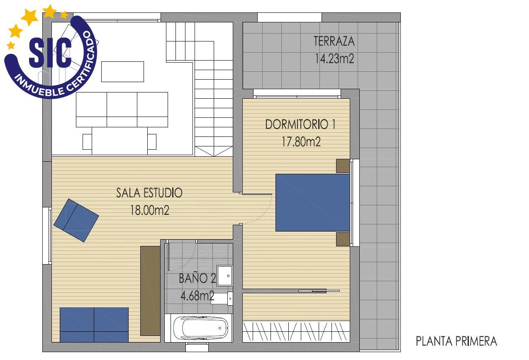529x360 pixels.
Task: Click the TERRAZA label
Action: [x=334, y=41]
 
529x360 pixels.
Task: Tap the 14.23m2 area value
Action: [x=334, y=59]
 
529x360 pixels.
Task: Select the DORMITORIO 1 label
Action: [x=300, y=124]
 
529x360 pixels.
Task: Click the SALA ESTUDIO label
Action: [x=149, y=193]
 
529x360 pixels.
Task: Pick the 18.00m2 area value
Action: [x=150, y=210]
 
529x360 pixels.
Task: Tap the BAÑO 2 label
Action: [x=197, y=279]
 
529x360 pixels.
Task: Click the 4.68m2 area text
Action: [x=197, y=296]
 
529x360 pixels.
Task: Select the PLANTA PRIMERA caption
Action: [x=456, y=341]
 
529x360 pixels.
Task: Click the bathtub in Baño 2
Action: [x=200, y=328]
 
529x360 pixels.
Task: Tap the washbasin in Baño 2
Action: [x=225, y=275]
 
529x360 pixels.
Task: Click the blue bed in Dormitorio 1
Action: [x=312, y=202]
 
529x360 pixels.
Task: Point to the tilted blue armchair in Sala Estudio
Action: [x=76, y=220]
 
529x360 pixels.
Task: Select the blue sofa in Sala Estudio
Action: [x=94, y=324]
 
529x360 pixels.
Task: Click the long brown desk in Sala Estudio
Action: [x=150, y=290]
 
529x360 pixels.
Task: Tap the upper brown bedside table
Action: [x=343, y=166]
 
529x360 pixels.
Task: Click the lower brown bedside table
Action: [x=343, y=239]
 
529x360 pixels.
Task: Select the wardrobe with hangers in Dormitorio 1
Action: [x=296, y=331]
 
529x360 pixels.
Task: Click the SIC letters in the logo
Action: [x=50, y=53]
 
